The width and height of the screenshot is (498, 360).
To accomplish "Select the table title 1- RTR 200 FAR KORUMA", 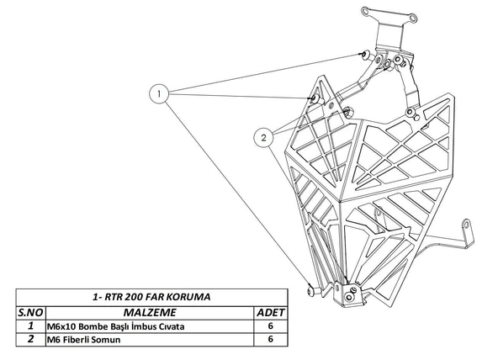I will (151, 298).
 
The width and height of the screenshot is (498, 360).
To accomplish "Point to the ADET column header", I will (270, 312).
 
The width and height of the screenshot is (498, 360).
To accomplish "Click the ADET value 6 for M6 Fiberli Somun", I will (270, 341).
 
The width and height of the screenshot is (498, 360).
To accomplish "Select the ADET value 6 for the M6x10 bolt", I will (270, 326).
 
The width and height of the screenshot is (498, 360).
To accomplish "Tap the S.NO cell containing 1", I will (31, 326).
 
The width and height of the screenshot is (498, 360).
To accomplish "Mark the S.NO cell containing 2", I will (31, 341).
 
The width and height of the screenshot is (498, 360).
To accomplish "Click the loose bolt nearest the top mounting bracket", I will (363, 56).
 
